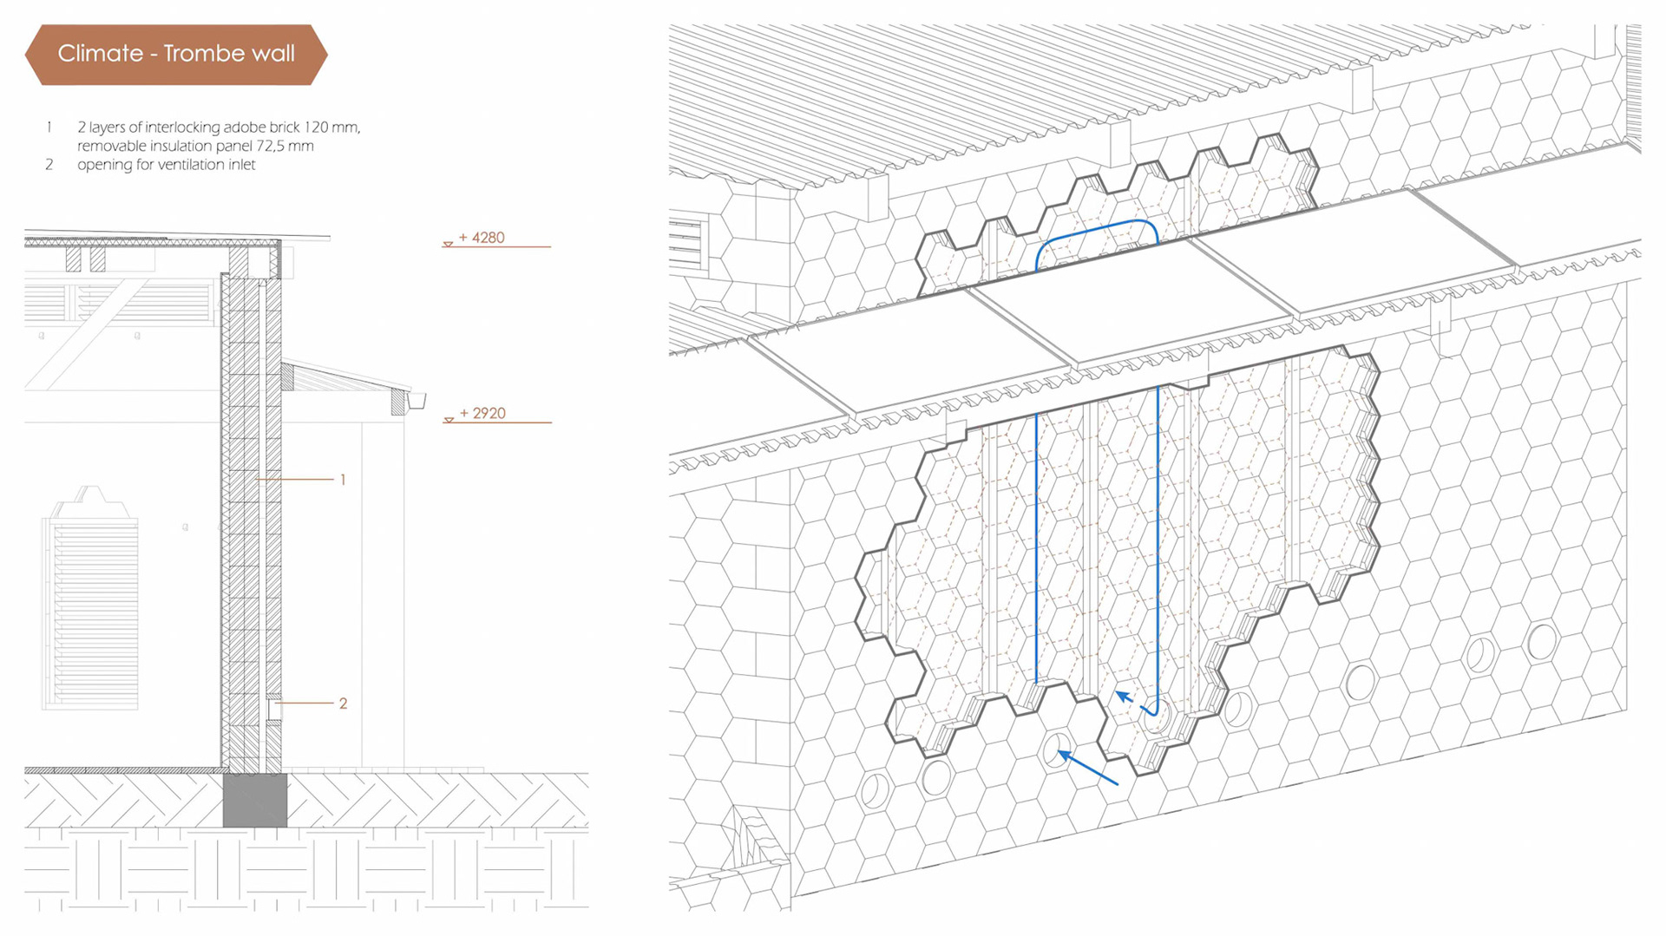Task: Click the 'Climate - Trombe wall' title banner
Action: click(176, 54)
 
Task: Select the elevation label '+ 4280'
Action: click(482, 238)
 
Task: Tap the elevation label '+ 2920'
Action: click(482, 414)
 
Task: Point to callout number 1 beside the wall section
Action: click(343, 480)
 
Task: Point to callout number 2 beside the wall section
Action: click(343, 704)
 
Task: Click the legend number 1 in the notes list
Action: click(49, 128)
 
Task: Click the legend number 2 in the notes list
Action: click(49, 165)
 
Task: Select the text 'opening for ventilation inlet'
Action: click(167, 165)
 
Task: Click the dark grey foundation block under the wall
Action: click(255, 800)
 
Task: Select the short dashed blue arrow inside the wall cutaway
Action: click(1125, 697)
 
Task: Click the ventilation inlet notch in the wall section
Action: click(273, 709)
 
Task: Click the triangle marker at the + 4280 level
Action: click(448, 245)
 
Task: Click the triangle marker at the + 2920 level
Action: click(449, 421)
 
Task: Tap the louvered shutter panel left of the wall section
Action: click(92, 612)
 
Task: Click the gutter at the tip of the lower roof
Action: click(416, 401)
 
